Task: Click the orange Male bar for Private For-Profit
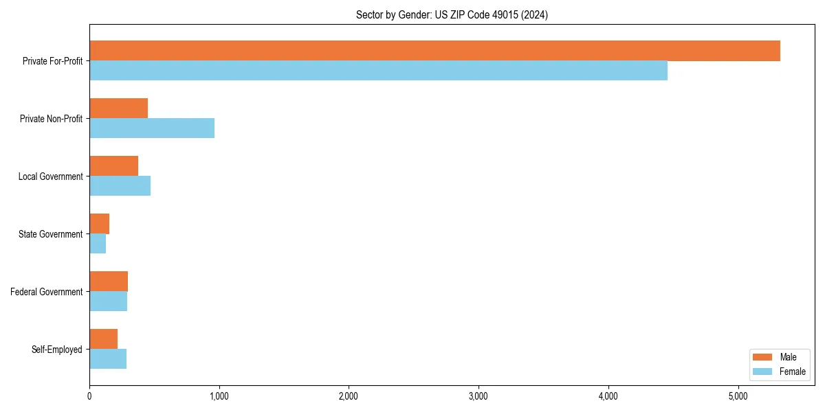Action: [x=434, y=51]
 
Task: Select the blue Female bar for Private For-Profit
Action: [x=378, y=71]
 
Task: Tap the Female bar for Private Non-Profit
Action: [x=152, y=128]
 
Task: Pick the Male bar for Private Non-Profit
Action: [x=118, y=108]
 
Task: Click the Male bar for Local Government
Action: [x=113, y=166]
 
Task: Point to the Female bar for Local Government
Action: [x=120, y=186]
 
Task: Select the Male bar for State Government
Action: [x=99, y=224]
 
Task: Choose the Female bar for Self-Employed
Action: [x=108, y=359]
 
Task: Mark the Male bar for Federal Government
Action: [x=109, y=282]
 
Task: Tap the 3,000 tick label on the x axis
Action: [x=478, y=396]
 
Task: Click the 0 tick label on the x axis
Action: [x=89, y=396]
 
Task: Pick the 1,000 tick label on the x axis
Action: [x=219, y=396]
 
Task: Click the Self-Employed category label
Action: [x=57, y=350]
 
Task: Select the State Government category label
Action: [x=51, y=234]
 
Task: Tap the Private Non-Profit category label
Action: [x=51, y=119]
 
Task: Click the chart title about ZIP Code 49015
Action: [x=452, y=14]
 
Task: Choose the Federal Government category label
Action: [x=47, y=292]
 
